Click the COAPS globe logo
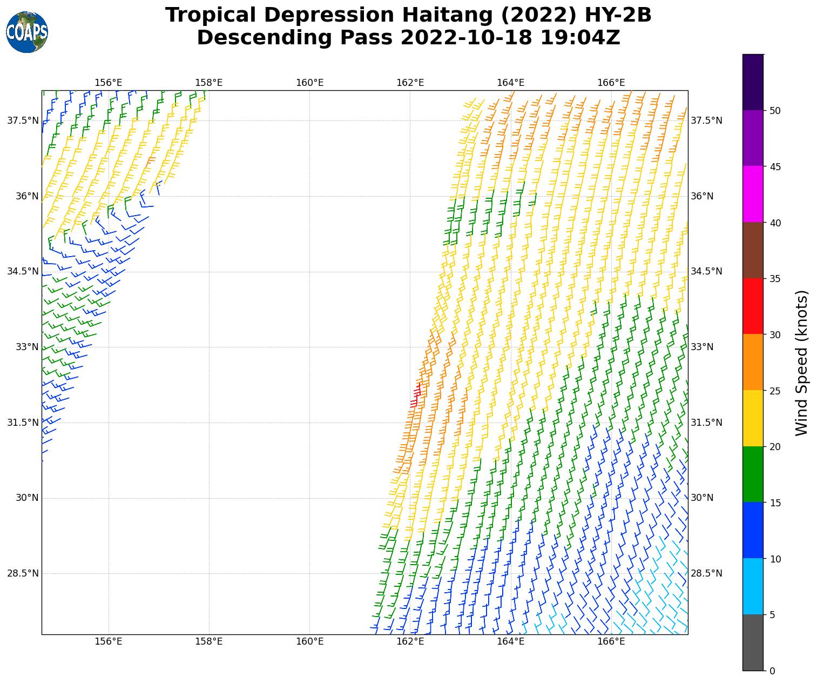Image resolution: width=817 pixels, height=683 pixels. click(x=27, y=32)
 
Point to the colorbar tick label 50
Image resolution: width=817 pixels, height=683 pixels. click(x=775, y=111)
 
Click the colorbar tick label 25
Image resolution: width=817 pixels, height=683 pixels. click(x=775, y=391)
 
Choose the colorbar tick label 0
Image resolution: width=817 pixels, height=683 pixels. click(x=772, y=671)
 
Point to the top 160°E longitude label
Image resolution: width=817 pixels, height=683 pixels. click(x=309, y=83)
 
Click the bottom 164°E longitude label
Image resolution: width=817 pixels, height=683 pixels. click(x=510, y=642)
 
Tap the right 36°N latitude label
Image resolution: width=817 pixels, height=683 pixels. click(x=702, y=196)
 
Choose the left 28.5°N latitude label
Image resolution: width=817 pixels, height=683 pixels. click(x=23, y=573)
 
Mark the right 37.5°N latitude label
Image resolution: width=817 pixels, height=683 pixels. click(x=706, y=120)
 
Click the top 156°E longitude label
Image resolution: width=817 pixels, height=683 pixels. click(x=109, y=83)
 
